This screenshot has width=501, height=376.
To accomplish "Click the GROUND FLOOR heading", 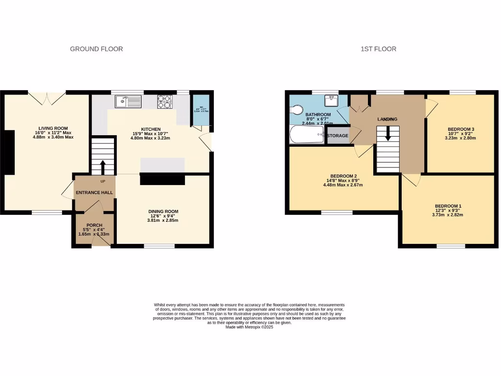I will click(96, 49).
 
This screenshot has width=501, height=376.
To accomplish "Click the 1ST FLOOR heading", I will click(378, 49).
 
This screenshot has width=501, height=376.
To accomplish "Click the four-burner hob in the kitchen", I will click(165, 102).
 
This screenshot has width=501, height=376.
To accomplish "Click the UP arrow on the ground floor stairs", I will click(103, 166).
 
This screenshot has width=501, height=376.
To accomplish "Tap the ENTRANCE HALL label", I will click(94, 192).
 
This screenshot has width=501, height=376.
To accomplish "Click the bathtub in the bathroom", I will click(307, 135).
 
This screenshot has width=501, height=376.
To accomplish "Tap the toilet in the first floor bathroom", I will click(297, 109).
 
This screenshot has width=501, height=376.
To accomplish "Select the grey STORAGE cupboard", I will click(338, 136).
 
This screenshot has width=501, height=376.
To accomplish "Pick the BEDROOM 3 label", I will click(461, 129).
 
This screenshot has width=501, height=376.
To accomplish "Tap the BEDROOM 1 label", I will click(448, 206).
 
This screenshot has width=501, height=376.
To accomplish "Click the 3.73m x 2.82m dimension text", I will click(448, 215).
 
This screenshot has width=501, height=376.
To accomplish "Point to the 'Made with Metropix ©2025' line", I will click(249, 327).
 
